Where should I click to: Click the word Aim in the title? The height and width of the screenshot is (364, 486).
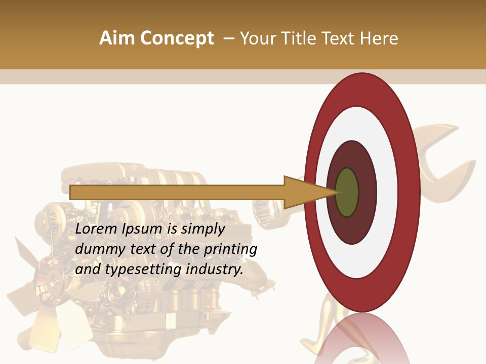pyautogui.click(x=117, y=38)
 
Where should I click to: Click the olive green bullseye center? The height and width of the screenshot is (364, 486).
pyautogui.click(x=347, y=193)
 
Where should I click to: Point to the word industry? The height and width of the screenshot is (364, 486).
pyautogui.click(x=215, y=269)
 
